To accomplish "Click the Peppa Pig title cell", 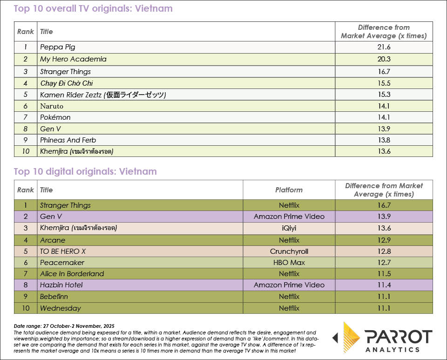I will (58, 47).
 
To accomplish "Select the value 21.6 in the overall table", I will (384, 47).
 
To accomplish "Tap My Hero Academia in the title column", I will (73, 59).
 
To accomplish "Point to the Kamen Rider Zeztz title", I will (103, 95).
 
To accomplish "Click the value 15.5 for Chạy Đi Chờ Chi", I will (384, 83).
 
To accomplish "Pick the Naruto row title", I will (52, 106).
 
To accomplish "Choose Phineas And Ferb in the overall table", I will (68, 140).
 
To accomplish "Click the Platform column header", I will (289, 190).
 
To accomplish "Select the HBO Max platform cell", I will (289, 263).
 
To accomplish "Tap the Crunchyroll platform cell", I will (289, 251).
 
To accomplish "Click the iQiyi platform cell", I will (289, 228).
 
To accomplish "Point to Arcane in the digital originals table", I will (53, 240).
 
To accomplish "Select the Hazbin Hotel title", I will (61, 285).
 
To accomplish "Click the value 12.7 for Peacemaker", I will (384, 263).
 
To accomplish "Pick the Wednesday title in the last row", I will (61, 308).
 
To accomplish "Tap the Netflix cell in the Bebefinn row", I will (289, 297).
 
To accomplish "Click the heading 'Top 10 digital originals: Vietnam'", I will (85, 171).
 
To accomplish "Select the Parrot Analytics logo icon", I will (348, 337).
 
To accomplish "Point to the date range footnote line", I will (64, 326).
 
